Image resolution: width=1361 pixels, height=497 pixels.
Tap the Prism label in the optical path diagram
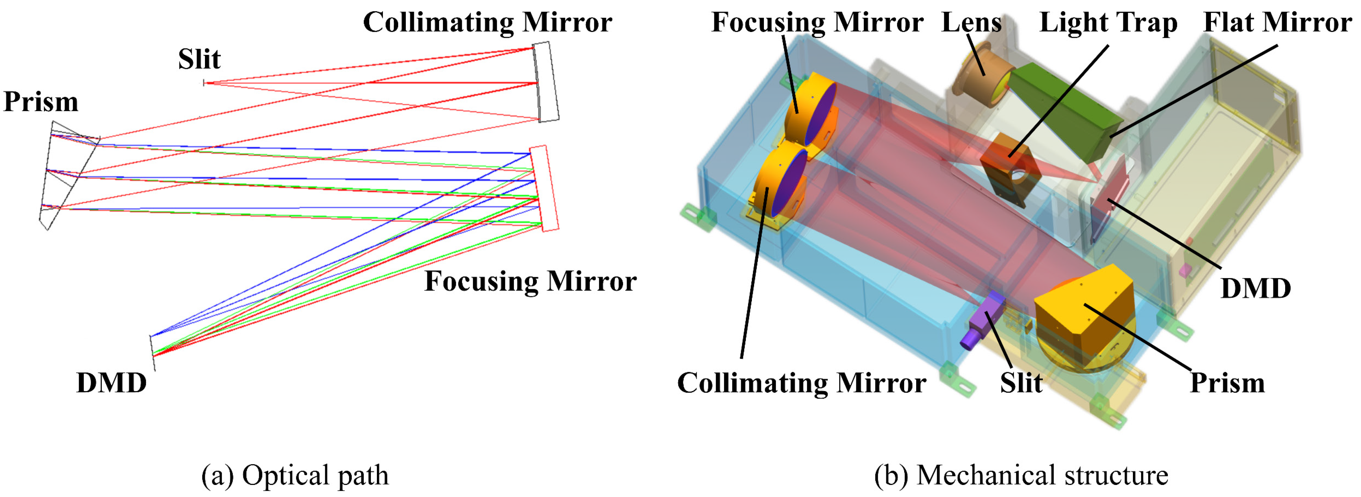pyautogui.click(x=41, y=101)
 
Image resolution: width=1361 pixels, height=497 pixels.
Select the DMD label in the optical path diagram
pyautogui.click(x=111, y=383)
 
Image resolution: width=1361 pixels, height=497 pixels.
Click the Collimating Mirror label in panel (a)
pyautogui.click(x=487, y=22)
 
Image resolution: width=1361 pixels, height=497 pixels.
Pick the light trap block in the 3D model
pyautogui.click(x=1009, y=169)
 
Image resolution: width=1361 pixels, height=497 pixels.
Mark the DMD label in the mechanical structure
pyautogui.click(x=1255, y=288)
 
